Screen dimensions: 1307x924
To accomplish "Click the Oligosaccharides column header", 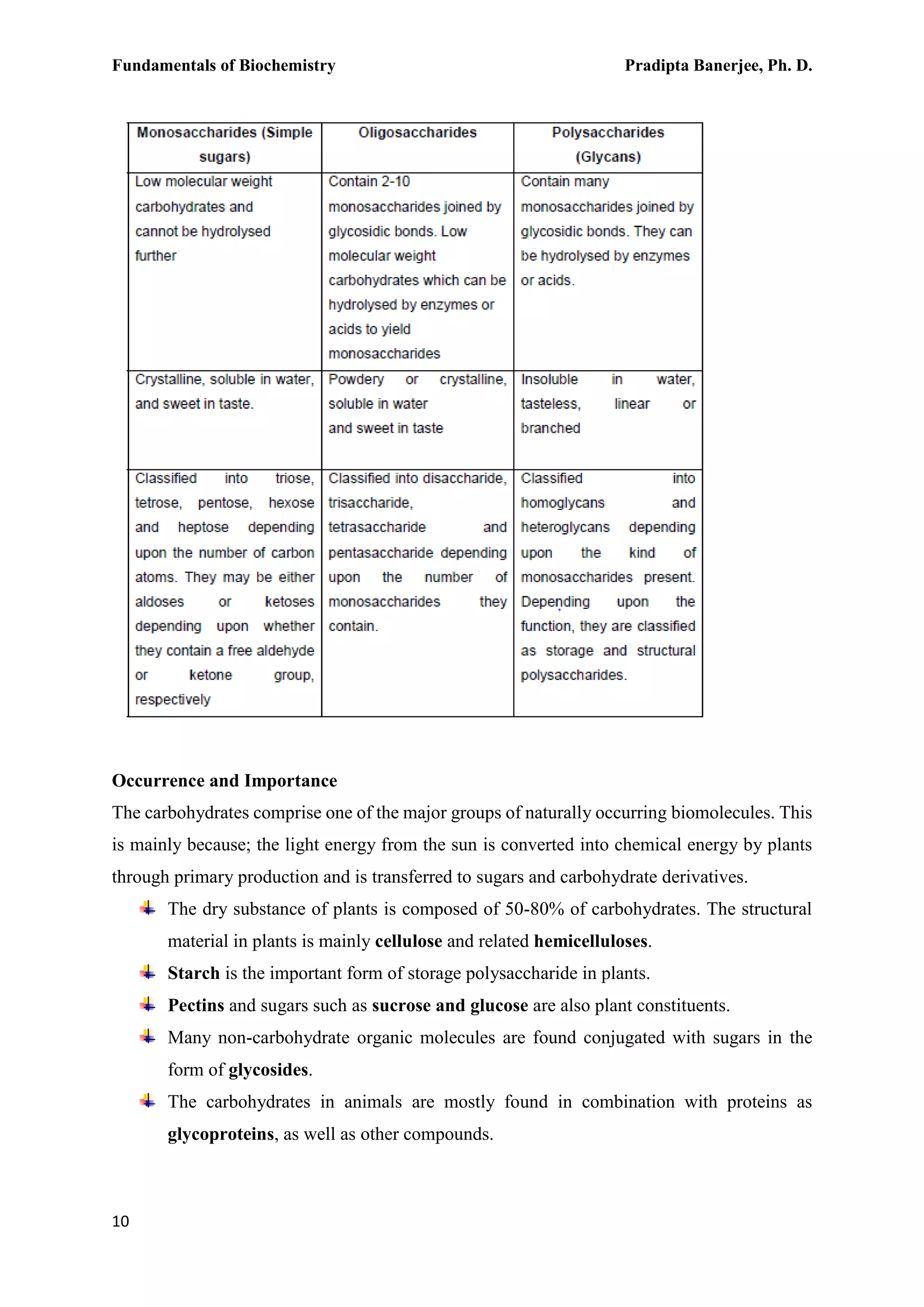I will pyautogui.click(x=417, y=133).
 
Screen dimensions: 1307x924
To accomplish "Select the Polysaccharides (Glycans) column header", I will pyautogui.click(x=608, y=144).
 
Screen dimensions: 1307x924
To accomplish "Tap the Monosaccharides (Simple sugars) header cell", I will pyautogui.click(x=224, y=144).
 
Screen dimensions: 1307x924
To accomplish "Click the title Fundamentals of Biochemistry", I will pyautogui.click(x=224, y=66).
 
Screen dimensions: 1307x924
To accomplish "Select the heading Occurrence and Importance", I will pyautogui.click(x=224, y=780).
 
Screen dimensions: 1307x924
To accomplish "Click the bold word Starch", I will pyautogui.click(x=194, y=973).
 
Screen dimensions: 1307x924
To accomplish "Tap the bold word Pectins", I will pyautogui.click(x=196, y=1005).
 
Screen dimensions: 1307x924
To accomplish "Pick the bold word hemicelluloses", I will pyautogui.click(x=591, y=941).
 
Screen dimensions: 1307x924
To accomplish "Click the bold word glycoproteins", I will pyautogui.click(x=221, y=1134).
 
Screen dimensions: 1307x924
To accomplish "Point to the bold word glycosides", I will pyautogui.click(x=268, y=1070).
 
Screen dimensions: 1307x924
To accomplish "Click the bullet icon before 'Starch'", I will pyautogui.click(x=148, y=972).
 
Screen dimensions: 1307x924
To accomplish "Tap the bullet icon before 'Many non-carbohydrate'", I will pyautogui.click(x=148, y=1036).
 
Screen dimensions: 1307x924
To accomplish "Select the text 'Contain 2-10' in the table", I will pyautogui.click(x=369, y=181).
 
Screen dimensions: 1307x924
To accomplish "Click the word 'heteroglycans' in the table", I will pyautogui.click(x=565, y=528).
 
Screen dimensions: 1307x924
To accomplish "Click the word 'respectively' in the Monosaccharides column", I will pyautogui.click(x=172, y=700).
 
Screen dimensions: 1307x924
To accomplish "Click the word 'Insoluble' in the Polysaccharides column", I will pyautogui.click(x=549, y=380).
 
